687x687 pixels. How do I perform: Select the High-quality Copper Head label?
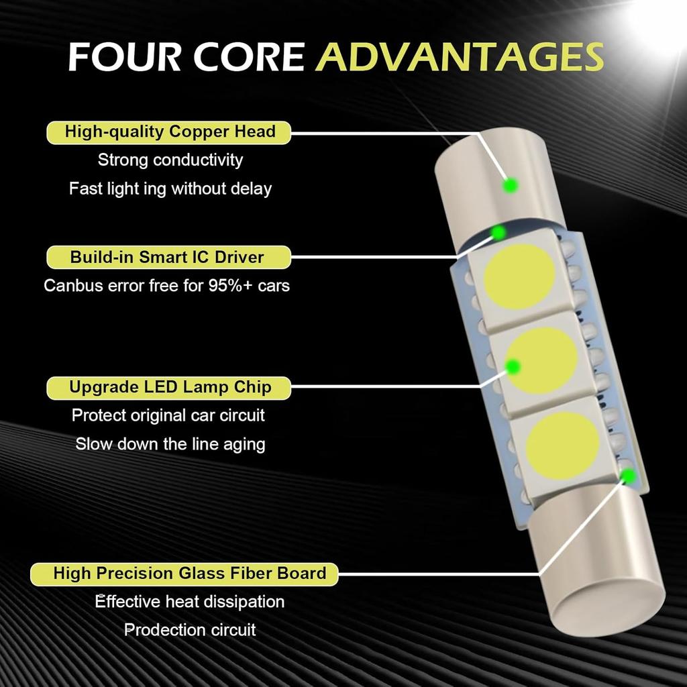coord(170,131)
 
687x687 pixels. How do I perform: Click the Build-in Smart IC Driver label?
coord(167,257)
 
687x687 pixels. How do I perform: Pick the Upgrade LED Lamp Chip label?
coord(170,387)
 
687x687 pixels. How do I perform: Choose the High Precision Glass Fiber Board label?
coord(189,574)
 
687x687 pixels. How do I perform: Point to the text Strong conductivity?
coord(170,160)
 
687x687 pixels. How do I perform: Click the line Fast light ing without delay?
coord(170,189)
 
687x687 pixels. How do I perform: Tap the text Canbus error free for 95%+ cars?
coord(166,285)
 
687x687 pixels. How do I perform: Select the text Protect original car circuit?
coord(168,415)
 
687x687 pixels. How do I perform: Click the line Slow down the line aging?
coord(170,443)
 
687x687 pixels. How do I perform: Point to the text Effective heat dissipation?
coord(189,602)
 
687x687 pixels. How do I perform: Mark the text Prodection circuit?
coord(190,630)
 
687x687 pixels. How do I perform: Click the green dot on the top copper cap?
coord(511,184)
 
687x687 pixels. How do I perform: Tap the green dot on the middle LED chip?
coord(513,366)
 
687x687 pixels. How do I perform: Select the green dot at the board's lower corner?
coord(629,476)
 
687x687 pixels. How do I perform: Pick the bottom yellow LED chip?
coord(562,442)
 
